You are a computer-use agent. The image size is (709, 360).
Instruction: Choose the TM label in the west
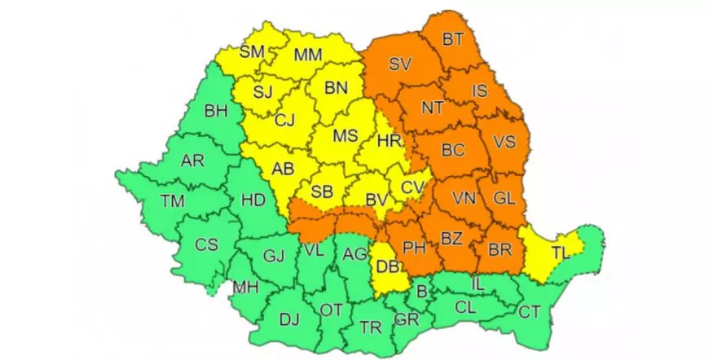173,200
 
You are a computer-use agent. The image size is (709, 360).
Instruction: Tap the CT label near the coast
529,310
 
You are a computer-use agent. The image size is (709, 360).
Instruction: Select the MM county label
308,55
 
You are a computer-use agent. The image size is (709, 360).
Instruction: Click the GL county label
505,198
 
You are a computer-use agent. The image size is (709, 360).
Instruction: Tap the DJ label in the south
289,320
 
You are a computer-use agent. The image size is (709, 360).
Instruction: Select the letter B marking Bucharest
421,291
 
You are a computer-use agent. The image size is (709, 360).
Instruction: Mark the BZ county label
451,239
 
